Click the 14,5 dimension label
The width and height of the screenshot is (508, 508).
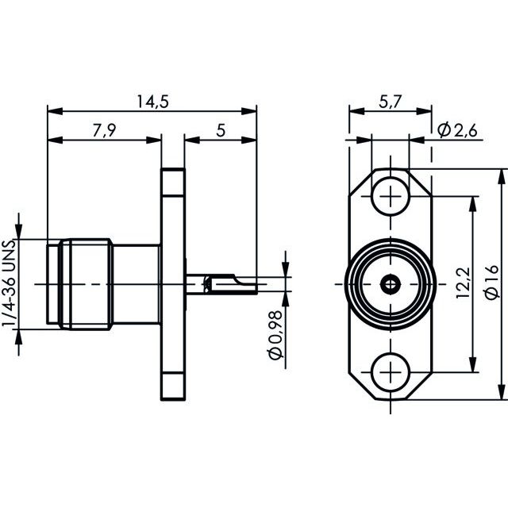pos(153,102)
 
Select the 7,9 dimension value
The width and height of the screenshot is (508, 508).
pos(104,130)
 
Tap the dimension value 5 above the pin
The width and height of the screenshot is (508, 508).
pos(221,130)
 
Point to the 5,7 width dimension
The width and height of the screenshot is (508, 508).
pos(391,102)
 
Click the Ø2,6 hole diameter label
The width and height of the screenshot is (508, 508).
pos(457,130)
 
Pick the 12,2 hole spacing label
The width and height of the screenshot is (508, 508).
pos(463,283)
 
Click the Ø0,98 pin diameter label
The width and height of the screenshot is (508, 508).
pos(275,335)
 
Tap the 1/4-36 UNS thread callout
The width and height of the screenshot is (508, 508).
pos(9,283)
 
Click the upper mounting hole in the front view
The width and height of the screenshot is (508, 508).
pos(391,196)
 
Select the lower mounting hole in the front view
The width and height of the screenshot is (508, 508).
pos(391,372)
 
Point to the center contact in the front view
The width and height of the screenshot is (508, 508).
pos(391,285)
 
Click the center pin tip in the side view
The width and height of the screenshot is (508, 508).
pos(256,285)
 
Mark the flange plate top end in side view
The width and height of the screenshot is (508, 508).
pos(173,169)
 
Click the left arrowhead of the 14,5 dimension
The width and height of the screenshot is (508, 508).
pos(55,111)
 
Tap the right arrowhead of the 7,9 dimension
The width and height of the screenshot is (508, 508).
pos(153,140)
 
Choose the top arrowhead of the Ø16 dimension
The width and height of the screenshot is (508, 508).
pos(501,177)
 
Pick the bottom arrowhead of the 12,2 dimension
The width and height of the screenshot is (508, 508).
pos(474,364)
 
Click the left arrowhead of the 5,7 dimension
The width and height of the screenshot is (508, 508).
pos(356,111)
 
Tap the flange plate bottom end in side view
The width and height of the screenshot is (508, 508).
pos(173,398)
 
